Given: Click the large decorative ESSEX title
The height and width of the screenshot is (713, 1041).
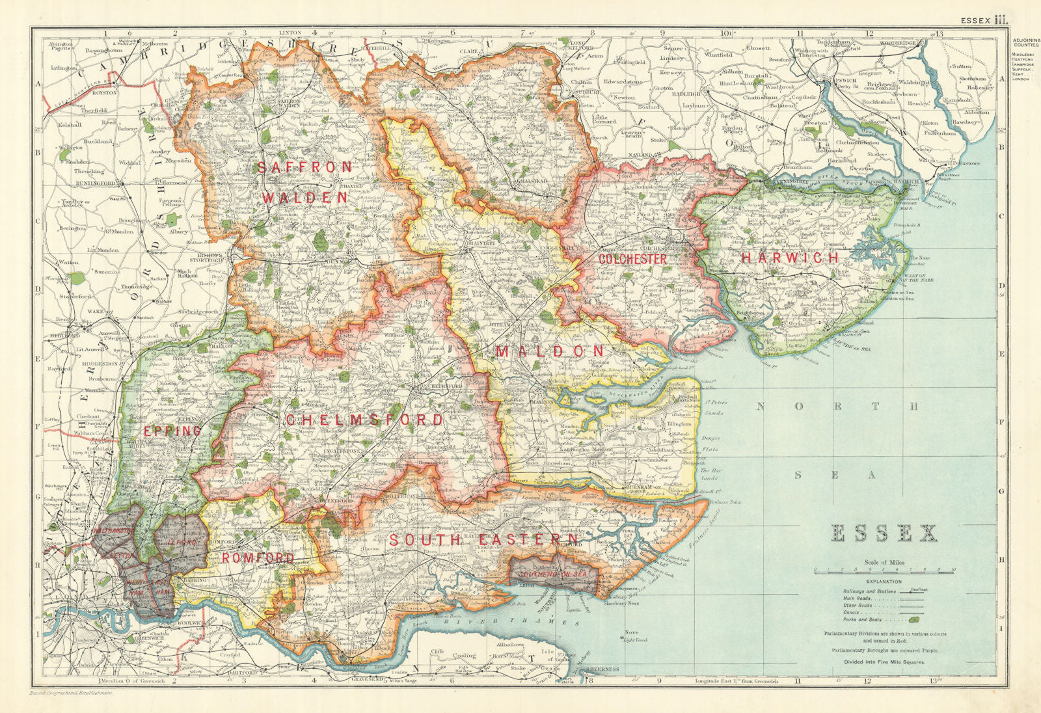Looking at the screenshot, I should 885,533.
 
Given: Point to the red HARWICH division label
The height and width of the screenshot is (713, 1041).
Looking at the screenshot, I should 790,258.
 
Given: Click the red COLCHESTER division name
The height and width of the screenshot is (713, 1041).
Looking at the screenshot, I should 632,259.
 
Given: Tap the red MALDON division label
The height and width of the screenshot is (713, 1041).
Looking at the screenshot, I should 550,352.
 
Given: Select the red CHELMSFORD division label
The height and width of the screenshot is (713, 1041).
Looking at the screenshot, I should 364,420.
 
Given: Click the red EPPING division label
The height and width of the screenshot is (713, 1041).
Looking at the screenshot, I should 172,431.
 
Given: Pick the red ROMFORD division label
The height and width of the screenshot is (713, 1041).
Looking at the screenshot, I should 258,558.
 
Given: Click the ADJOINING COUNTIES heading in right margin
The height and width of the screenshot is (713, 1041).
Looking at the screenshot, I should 1026,45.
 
